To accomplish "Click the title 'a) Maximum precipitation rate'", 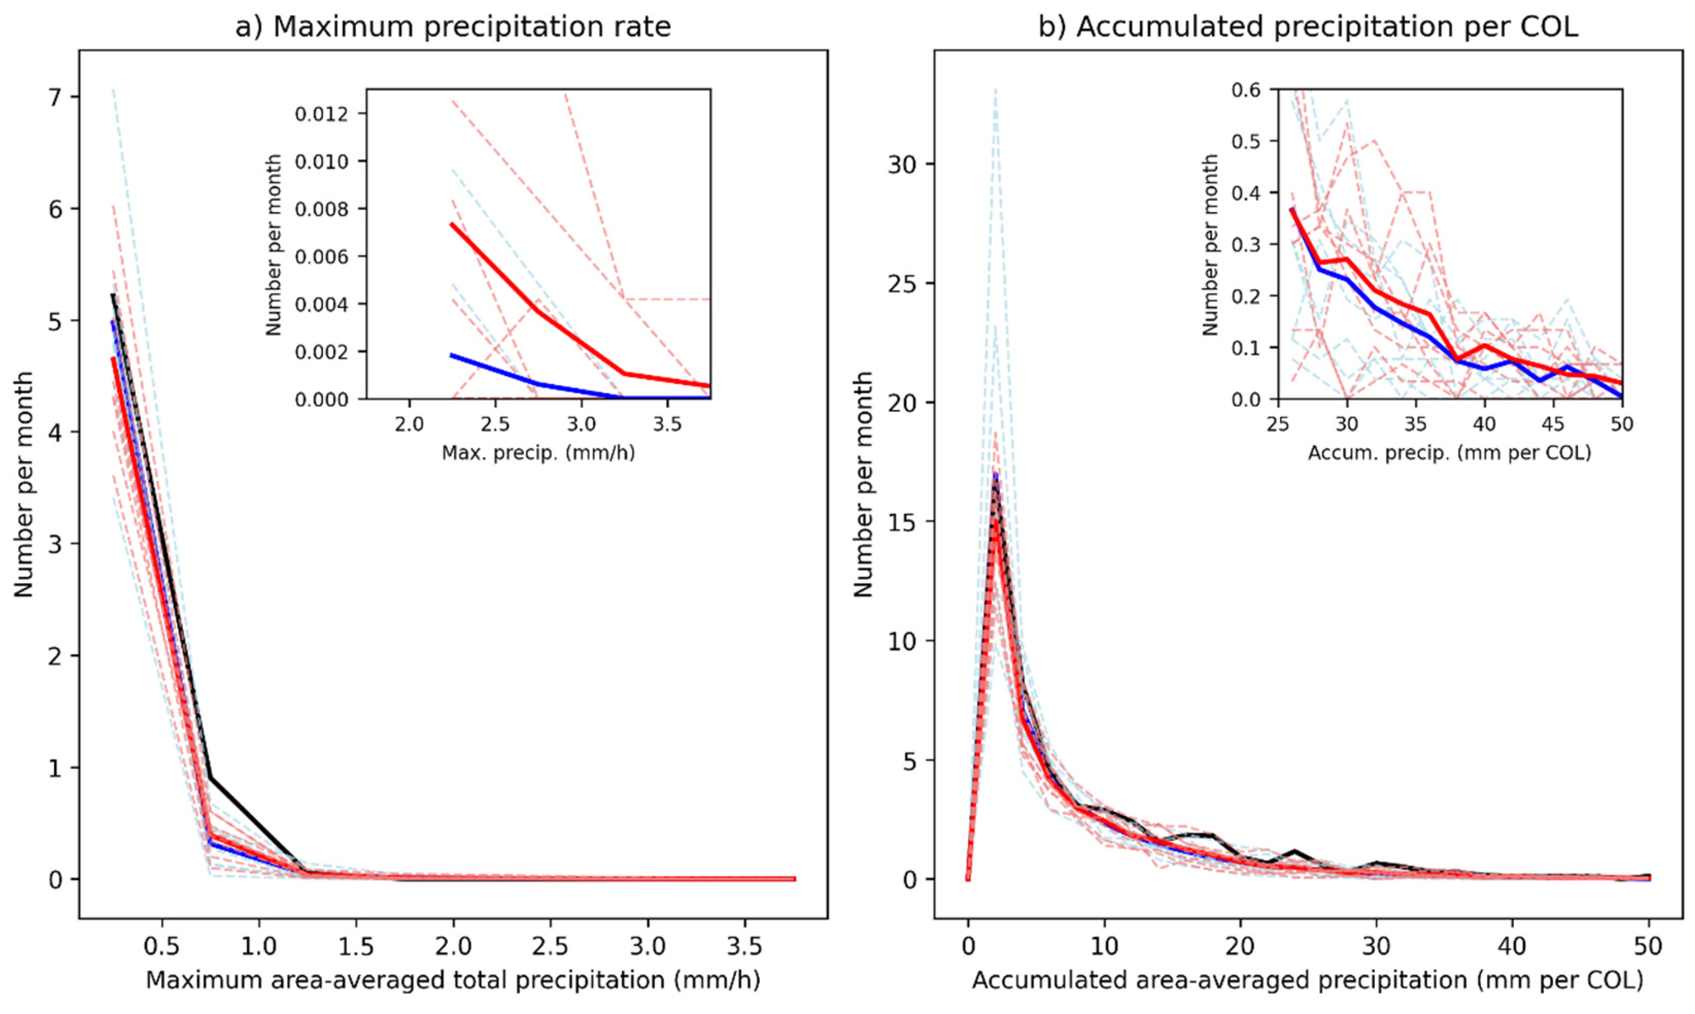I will [x=453, y=27].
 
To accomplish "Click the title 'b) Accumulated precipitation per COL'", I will [x=1308, y=27].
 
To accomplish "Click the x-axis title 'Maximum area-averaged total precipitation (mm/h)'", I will [x=453, y=981].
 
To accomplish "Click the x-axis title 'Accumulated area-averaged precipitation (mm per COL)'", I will [x=1308, y=981].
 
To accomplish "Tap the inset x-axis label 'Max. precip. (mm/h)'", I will [x=538, y=452].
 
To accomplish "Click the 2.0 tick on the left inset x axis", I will [x=409, y=425].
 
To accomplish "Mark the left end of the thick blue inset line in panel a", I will [x=452, y=356].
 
